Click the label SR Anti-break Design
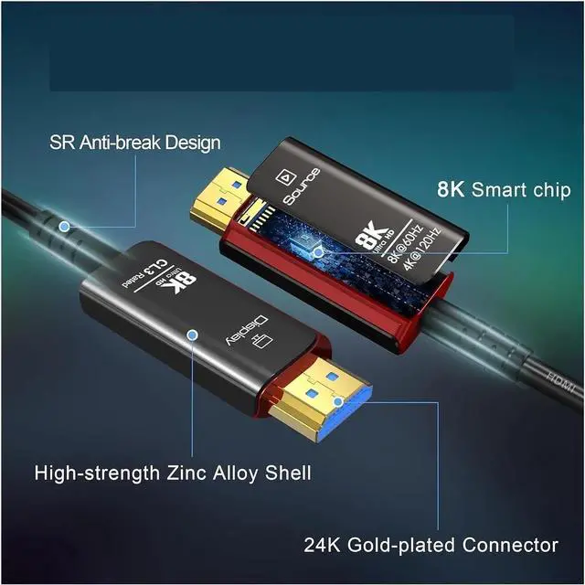point(134,144)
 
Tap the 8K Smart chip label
point(504,190)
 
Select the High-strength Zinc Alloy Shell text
point(173,473)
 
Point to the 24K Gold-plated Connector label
point(431,546)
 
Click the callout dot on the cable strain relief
point(64,225)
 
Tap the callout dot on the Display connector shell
point(192,335)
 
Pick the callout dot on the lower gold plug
point(337,399)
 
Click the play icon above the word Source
point(284,171)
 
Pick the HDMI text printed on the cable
point(559,384)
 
